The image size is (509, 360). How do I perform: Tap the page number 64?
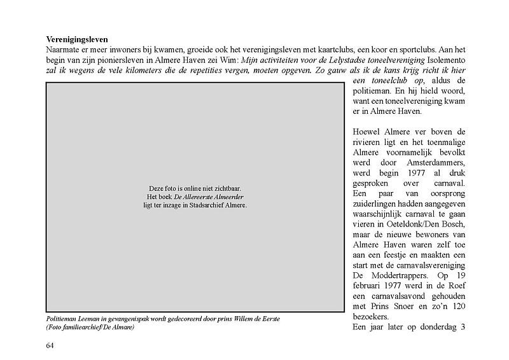pyautogui.click(x=50, y=345)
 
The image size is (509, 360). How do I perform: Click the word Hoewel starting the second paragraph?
pyautogui.click(x=366, y=132)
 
